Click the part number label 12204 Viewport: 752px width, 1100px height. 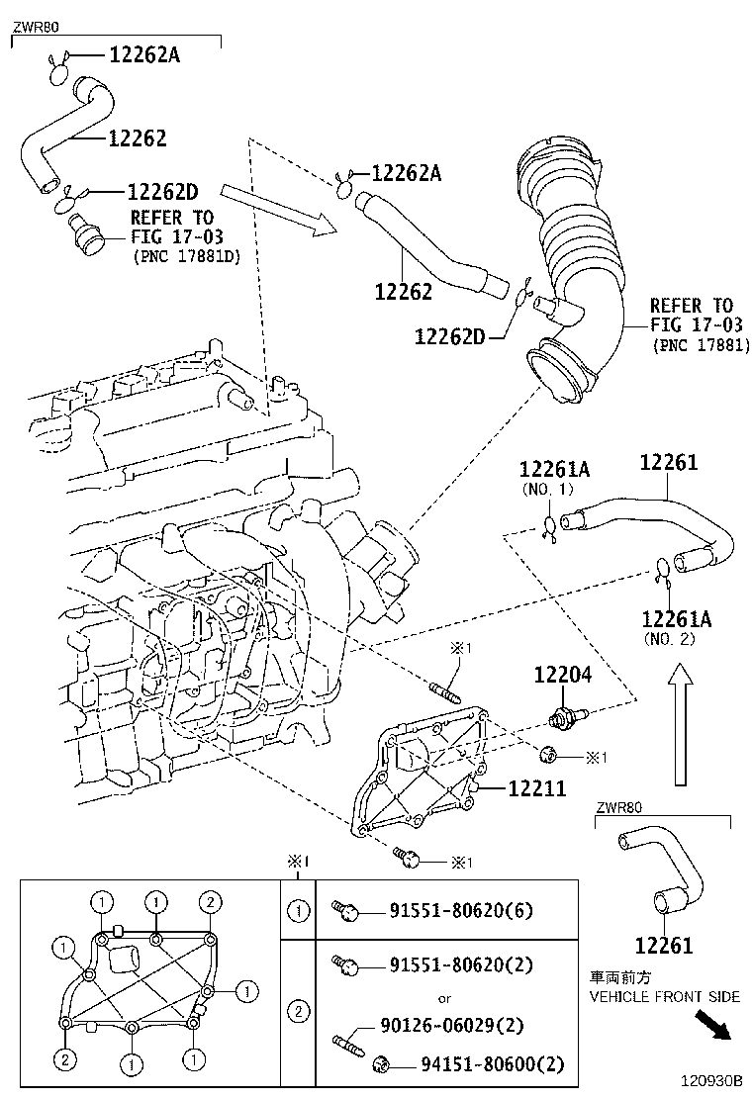pyautogui.click(x=562, y=676)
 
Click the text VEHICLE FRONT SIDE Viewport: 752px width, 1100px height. pyautogui.click(x=664, y=996)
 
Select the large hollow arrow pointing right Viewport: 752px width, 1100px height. pyautogui.click(x=282, y=210)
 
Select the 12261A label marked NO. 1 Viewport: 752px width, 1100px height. pyautogui.click(x=554, y=470)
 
